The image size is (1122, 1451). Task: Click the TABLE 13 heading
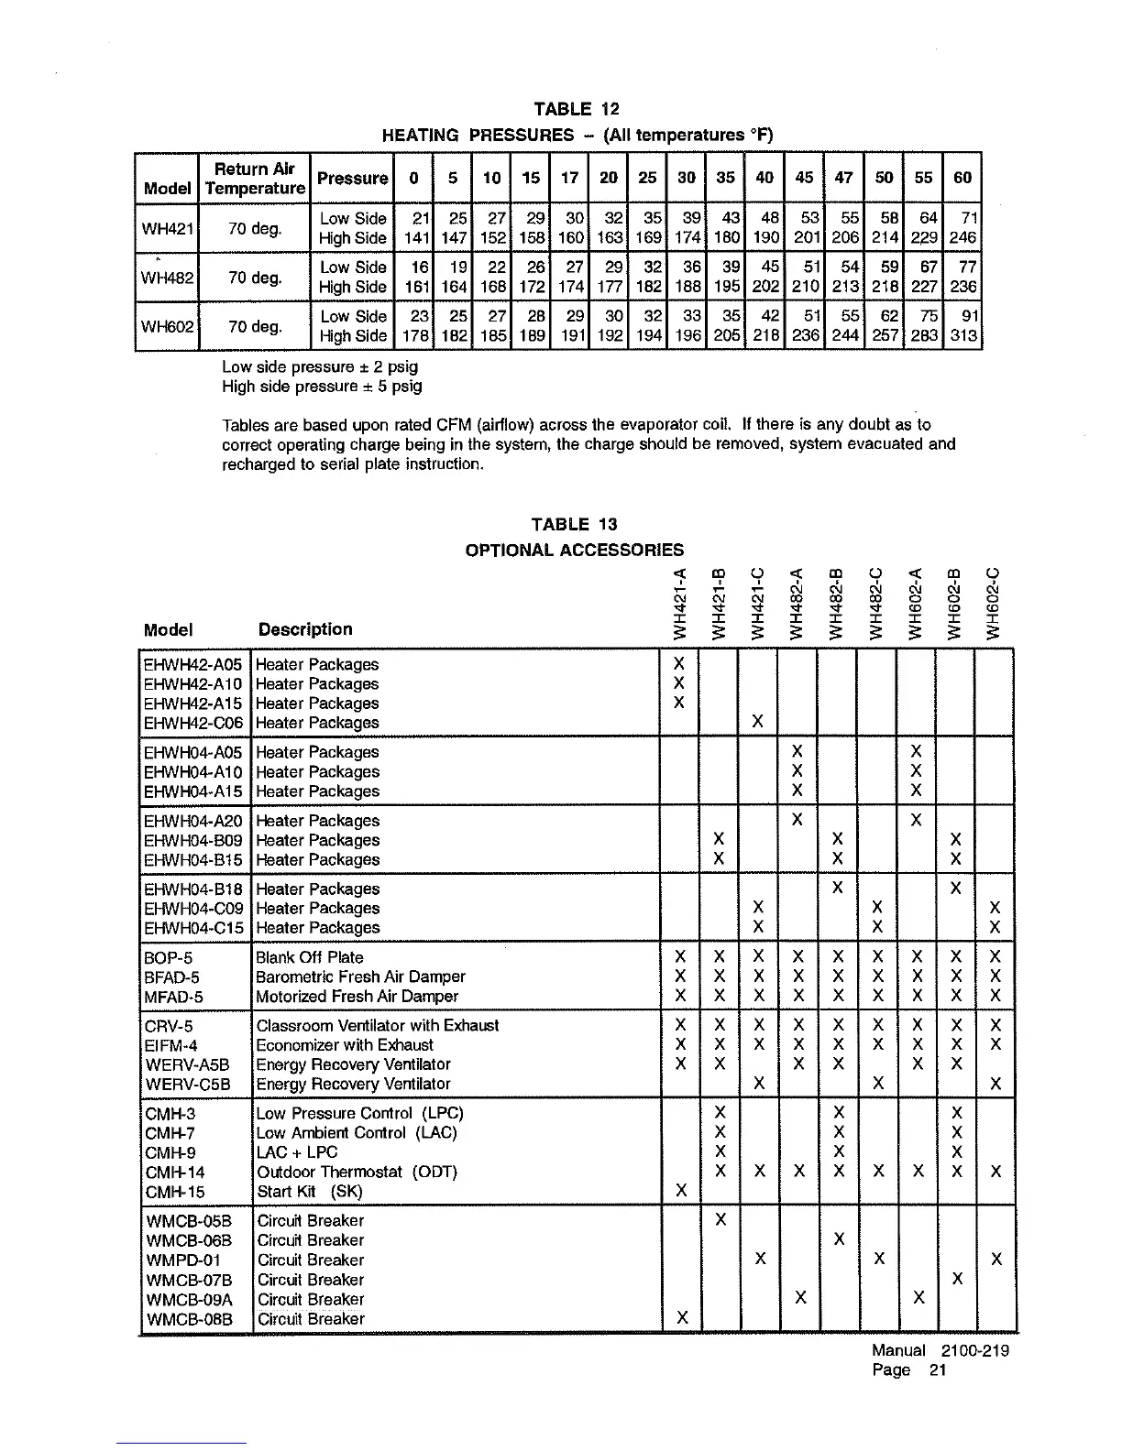click(575, 525)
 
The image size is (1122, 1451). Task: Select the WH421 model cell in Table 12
click(165, 228)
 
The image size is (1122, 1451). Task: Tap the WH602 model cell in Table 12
click(165, 326)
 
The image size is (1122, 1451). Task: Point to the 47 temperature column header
click(844, 178)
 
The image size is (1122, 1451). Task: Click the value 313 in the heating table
click(962, 336)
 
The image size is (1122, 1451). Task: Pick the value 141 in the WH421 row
click(417, 238)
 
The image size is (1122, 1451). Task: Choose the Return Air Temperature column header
click(255, 179)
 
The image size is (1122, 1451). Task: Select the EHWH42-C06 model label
click(193, 723)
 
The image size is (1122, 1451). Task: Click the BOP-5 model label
click(169, 957)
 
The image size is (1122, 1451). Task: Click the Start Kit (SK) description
click(310, 1192)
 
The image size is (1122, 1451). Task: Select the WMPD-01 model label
click(183, 1260)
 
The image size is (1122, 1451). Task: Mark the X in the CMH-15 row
click(680, 1191)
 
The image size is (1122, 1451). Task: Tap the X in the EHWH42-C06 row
click(758, 723)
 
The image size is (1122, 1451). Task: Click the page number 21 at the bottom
click(935, 1370)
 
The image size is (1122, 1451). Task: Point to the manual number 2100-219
click(974, 1351)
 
